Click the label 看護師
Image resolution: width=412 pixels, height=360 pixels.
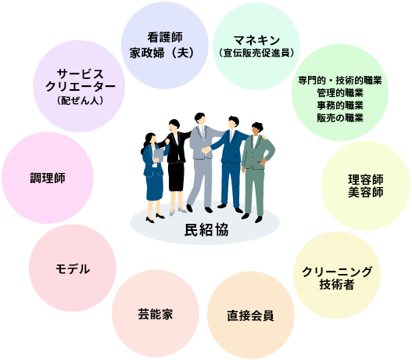coord(165,38)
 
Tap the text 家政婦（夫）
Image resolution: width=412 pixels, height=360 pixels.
coord(162,52)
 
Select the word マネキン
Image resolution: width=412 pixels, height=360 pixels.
coord(256,40)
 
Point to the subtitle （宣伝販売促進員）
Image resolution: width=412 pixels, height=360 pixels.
coord(256,53)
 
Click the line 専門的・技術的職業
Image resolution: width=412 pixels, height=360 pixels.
coord(340,80)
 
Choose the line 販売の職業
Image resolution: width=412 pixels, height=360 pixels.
coord(340,118)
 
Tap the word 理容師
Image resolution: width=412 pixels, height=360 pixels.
coord(366,180)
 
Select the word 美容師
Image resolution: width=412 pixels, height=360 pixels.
coord(366,193)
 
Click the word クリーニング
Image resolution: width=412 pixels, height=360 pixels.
coord(337,272)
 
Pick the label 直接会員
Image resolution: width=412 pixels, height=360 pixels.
coord(251,315)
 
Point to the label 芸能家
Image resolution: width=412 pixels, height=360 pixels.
coord(156,315)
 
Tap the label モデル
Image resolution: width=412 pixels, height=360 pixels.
coord(73,269)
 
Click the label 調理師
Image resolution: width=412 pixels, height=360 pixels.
coord(48,178)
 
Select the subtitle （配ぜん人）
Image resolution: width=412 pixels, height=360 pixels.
coord(81,100)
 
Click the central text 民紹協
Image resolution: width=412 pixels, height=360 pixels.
coord(206,230)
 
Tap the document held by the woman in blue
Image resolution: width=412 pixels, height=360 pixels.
coord(159,155)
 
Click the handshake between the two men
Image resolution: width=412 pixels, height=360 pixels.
coord(206,150)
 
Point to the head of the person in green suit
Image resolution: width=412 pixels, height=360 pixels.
coord(256,128)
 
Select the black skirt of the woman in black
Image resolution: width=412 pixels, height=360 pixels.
coord(176,176)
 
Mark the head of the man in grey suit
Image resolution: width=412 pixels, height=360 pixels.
coord(200,119)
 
